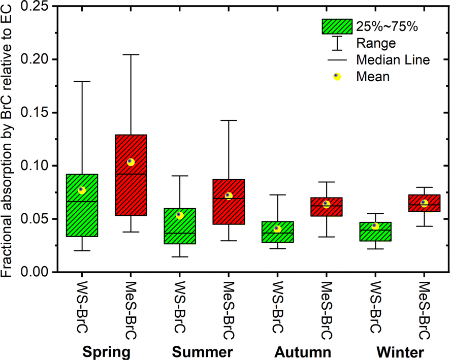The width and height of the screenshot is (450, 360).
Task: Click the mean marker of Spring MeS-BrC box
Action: [x=131, y=162]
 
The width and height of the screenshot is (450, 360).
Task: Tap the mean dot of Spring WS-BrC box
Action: [x=82, y=190]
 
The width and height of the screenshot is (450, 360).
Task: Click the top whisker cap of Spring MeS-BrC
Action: [x=131, y=54]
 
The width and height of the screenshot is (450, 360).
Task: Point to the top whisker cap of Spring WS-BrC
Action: [x=82, y=81]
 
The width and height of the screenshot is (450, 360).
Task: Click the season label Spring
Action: [x=106, y=352]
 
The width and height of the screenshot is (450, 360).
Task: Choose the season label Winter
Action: [x=400, y=352]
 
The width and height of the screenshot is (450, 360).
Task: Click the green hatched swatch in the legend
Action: [x=337, y=26]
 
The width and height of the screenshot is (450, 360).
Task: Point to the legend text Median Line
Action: [x=393, y=60]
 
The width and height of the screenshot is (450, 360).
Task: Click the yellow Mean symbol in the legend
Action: [x=337, y=77]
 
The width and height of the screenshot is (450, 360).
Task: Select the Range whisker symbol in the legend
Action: [x=337, y=43]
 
